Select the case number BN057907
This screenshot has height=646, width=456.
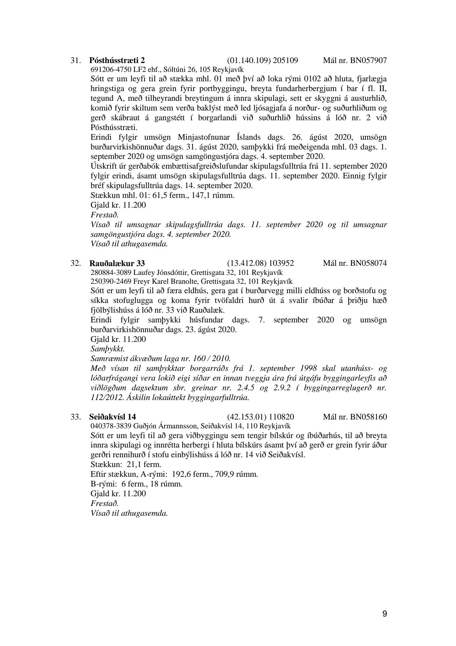point(368,60)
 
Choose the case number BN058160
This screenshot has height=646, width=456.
point(368,416)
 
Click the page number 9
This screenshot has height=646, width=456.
point(385,614)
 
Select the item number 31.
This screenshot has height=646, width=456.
point(75,60)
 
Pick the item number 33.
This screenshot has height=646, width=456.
point(75,416)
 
